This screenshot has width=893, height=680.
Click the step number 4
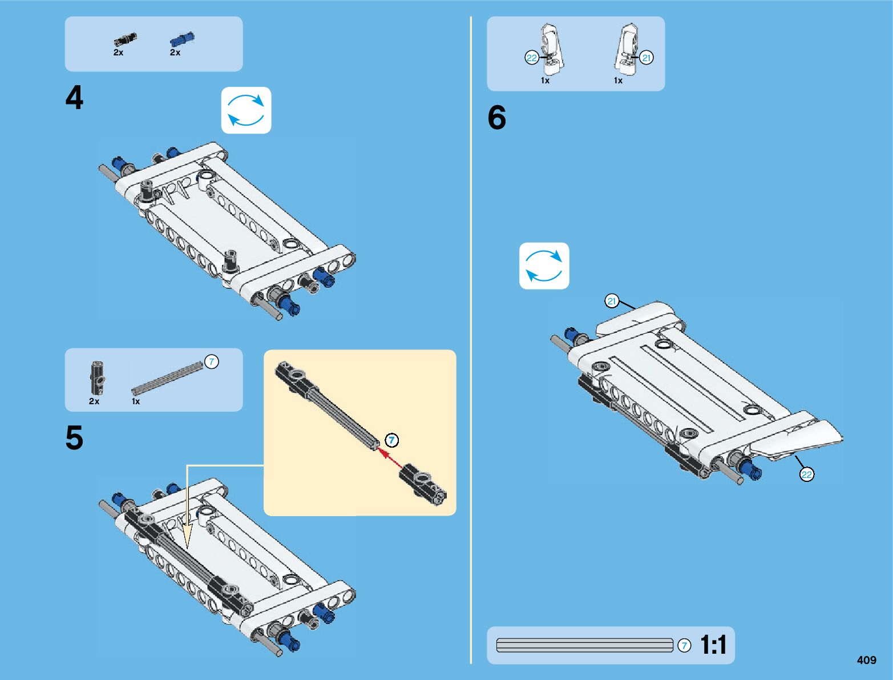coord(74,98)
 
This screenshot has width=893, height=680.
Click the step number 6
coord(497,117)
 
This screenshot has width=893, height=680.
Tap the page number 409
coord(867,659)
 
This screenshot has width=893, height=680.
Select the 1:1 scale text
coord(714,645)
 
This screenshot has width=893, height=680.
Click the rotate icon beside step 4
coord(246,110)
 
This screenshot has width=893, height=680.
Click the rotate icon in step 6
coord(544,265)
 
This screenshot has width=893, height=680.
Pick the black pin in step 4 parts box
coord(125,40)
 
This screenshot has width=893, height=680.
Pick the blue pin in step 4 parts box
coord(182,39)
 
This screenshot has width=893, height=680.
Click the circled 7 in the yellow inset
coord(392,440)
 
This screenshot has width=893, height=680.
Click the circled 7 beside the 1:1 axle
coord(684,645)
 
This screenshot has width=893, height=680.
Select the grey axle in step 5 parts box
coord(167,379)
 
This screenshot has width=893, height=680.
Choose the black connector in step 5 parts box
coord(98,377)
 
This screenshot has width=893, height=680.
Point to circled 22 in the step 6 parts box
coord(532,58)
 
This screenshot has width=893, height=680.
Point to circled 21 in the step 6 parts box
coord(646,58)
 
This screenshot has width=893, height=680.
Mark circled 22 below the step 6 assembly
coord(806,474)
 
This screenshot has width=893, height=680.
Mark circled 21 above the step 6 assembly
coord(612,301)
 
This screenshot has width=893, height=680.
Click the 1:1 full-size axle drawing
coord(585,645)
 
